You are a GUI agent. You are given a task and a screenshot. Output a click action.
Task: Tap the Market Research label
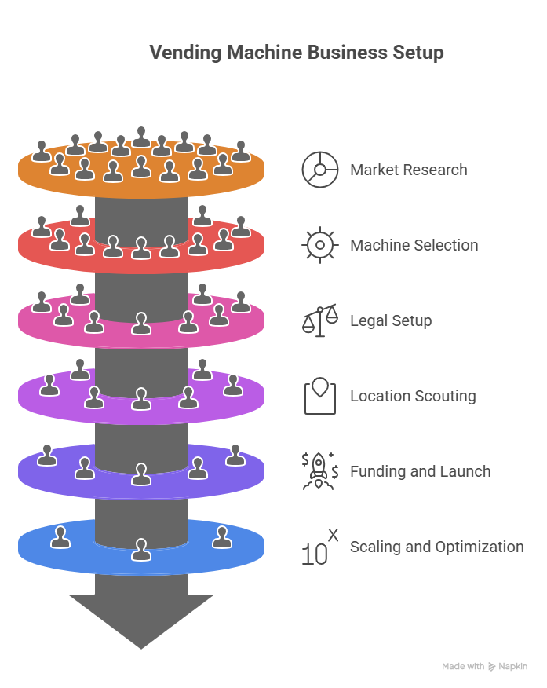click(408, 170)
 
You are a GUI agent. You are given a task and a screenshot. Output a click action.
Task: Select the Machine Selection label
click(414, 245)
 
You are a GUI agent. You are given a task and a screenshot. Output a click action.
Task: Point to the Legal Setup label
click(391, 320)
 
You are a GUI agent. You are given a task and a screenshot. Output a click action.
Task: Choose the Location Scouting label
click(413, 396)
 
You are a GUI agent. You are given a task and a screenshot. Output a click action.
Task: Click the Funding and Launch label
click(420, 471)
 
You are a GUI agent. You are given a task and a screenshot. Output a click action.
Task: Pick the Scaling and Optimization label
click(436, 547)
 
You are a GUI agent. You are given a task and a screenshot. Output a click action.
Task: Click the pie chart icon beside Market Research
click(320, 170)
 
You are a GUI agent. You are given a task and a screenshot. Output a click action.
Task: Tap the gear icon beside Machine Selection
click(320, 245)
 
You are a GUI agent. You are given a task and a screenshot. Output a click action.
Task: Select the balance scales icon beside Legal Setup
click(320, 320)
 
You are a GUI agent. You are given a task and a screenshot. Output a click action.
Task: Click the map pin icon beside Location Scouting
click(320, 395)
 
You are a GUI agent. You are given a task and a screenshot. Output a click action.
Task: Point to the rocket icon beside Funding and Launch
click(320, 471)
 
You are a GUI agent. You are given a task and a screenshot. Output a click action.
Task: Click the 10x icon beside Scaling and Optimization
click(320, 547)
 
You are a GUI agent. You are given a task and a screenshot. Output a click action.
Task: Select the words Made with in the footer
click(463, 666)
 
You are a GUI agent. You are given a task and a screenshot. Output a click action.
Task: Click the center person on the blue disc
click(141, 550)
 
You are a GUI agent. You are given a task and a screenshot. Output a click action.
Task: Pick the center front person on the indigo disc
click(141, 474)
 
